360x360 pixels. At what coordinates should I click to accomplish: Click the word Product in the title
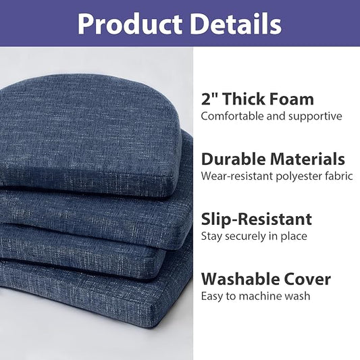(129, 24)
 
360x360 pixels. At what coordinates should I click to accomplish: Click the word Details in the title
(235, 24)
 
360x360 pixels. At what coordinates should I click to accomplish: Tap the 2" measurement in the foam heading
(210, 99)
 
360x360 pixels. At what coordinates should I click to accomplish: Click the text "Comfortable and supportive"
(272, 116)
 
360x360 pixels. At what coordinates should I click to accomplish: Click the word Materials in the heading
(307, 159)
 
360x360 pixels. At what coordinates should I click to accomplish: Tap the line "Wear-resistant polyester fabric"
(277, 176)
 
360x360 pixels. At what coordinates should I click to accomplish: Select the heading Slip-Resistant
(257, 219)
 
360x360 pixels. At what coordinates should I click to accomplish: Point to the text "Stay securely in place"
(254, 236)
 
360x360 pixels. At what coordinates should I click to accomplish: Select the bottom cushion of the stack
(88, 297)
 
